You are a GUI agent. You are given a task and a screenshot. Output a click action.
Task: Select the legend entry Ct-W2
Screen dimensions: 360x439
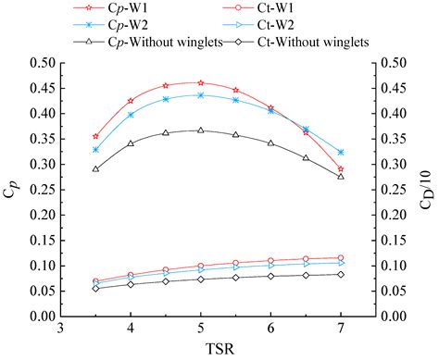click(x=287, y=26)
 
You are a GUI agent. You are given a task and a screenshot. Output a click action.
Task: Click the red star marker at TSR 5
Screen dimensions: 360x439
click(x=201, y=83)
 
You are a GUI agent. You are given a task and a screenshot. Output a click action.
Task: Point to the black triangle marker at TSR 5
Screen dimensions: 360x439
click(x=201, y=130)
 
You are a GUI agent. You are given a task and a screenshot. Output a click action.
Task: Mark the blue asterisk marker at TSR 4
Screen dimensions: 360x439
click(x=131, y=115)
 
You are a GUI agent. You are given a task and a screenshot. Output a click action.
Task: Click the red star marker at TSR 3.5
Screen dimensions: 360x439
click(x=95, y=136)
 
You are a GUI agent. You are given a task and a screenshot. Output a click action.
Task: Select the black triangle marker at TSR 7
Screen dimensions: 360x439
click(x=341, y=176)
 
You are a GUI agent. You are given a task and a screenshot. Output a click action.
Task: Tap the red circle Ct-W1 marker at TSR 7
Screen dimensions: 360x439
click(x=341, y=257)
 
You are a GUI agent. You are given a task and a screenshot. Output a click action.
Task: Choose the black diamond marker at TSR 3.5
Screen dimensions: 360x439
click(x=95, y=288)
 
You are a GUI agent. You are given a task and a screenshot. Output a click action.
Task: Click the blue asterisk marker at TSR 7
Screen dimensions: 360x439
click(x=341, y=152)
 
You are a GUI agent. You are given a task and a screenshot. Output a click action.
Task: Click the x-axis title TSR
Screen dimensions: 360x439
click(x=201, y=350)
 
